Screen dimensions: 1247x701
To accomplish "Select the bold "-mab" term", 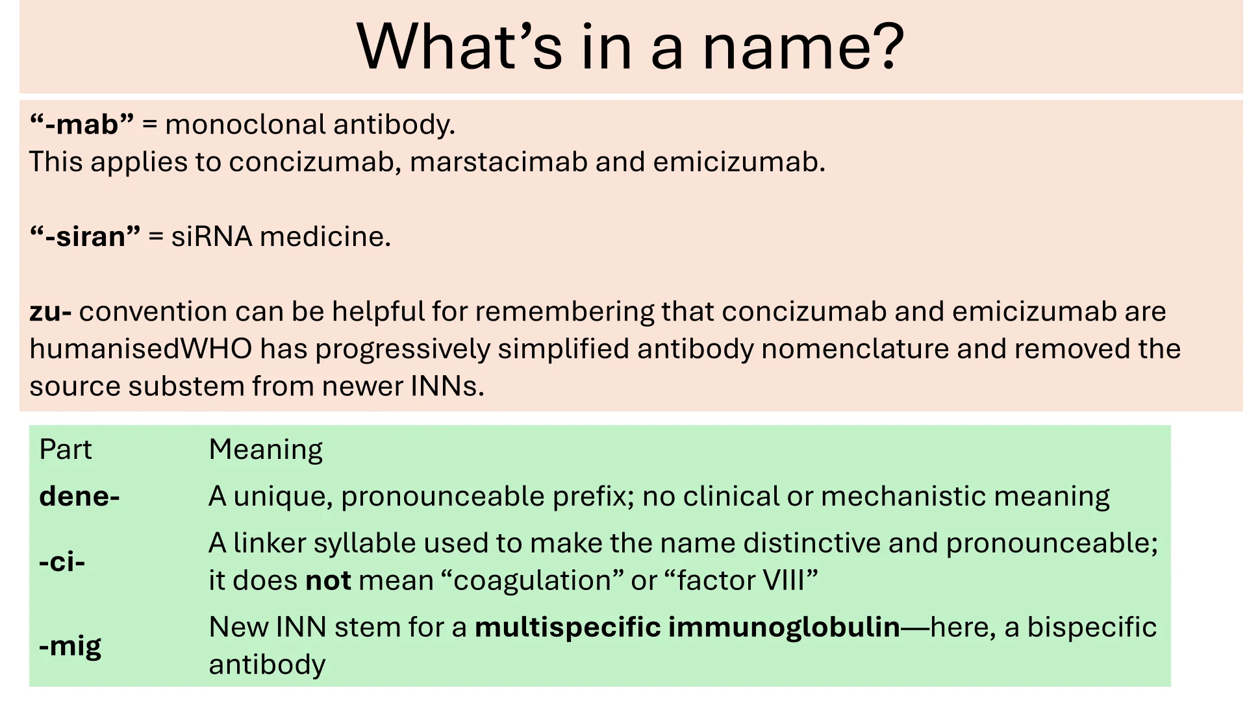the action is coord(82,124).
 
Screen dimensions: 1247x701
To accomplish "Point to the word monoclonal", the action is coord(245,124).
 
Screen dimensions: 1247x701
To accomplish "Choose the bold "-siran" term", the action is coord(85,236).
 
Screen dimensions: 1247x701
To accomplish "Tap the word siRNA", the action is coord(212,236).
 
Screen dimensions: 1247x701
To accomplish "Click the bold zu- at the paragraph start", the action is coord(51,312).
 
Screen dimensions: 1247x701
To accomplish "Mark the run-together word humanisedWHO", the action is coord(141,349).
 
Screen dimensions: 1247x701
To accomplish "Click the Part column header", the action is coord(66,449).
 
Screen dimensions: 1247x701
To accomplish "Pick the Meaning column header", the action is coord(266,449).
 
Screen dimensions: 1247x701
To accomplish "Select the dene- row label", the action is coord(80,496).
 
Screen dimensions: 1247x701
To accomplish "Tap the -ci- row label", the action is coord(62,561).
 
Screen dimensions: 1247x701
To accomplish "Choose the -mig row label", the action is coord(70,646).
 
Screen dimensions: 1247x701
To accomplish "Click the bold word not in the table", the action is coord(329,580).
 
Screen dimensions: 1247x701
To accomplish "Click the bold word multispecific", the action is coord(568,627).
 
